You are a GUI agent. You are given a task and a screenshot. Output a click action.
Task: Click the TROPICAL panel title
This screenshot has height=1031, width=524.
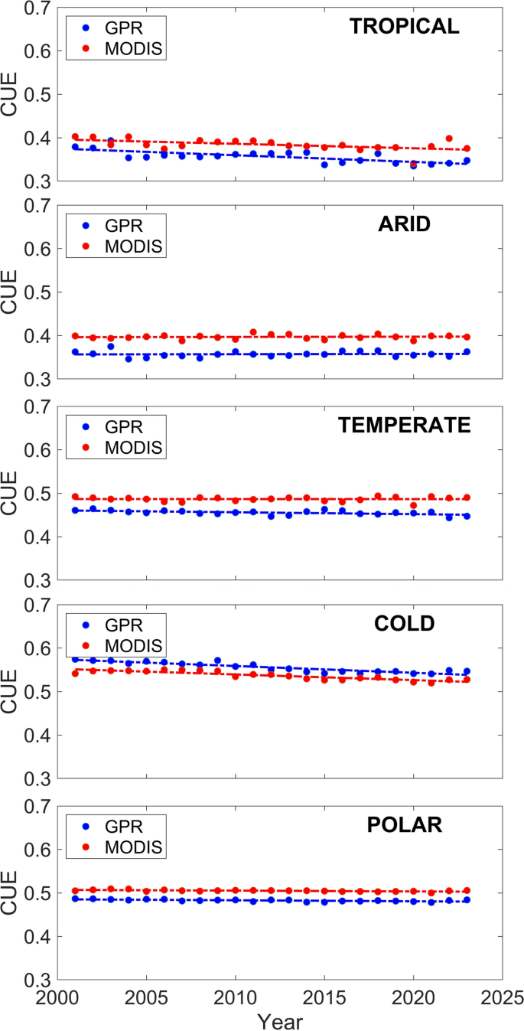click(405, 27)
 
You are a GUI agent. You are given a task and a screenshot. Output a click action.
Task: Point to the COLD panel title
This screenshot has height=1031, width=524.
click(404, 624)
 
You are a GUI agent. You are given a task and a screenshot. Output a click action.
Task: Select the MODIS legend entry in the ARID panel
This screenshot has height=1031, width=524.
click(135, 246)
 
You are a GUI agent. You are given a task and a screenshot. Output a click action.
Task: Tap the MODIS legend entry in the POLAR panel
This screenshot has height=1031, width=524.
click(135, 848)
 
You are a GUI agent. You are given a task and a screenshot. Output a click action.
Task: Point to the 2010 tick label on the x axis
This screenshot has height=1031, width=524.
click(236, 999)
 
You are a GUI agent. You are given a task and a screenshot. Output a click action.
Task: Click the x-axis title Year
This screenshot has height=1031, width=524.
click(280, 1020)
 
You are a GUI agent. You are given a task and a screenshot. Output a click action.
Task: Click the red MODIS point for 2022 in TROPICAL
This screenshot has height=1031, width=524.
click(449, 139)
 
